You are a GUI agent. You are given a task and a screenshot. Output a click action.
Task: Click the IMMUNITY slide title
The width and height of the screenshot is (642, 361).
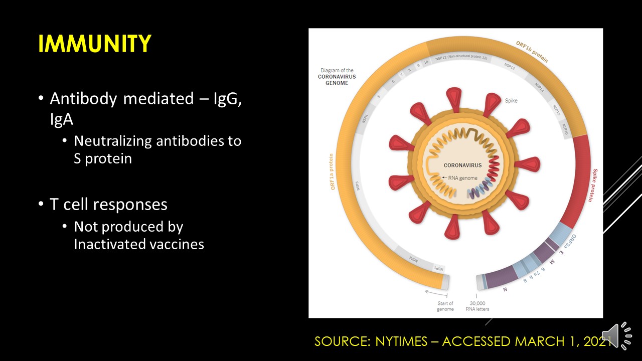pyautogui.click(x=94, y=44)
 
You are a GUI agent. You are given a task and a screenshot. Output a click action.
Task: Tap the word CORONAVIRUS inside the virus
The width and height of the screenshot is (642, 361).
pyautogui.click(x=462, y=165)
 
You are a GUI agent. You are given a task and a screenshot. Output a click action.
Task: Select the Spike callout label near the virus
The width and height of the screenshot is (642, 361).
pyautogui.click(x=511, y=101)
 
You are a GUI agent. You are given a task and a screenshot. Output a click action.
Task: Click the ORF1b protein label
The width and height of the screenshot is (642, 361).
pyautogui.click(x=532, y=52)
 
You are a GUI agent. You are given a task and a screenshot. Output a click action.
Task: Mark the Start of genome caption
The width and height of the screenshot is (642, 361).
pyautogui.click(x=444, y=306)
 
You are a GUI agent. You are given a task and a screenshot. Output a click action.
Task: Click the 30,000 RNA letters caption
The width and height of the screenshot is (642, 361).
pyautogui.click(x=477, y=306)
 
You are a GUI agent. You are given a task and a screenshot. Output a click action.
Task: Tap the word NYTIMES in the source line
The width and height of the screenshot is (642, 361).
pyautogui.click(x=408, y=341)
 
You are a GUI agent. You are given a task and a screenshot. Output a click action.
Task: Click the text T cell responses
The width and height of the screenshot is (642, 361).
pyautogui.click(x=108, y=204)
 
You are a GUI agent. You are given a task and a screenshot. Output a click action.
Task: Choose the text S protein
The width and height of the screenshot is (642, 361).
pyautogui.click(x=103, y=158)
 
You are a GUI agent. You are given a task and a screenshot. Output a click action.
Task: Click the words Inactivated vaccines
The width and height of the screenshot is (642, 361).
pyautogui.click(x=139, y=244)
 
